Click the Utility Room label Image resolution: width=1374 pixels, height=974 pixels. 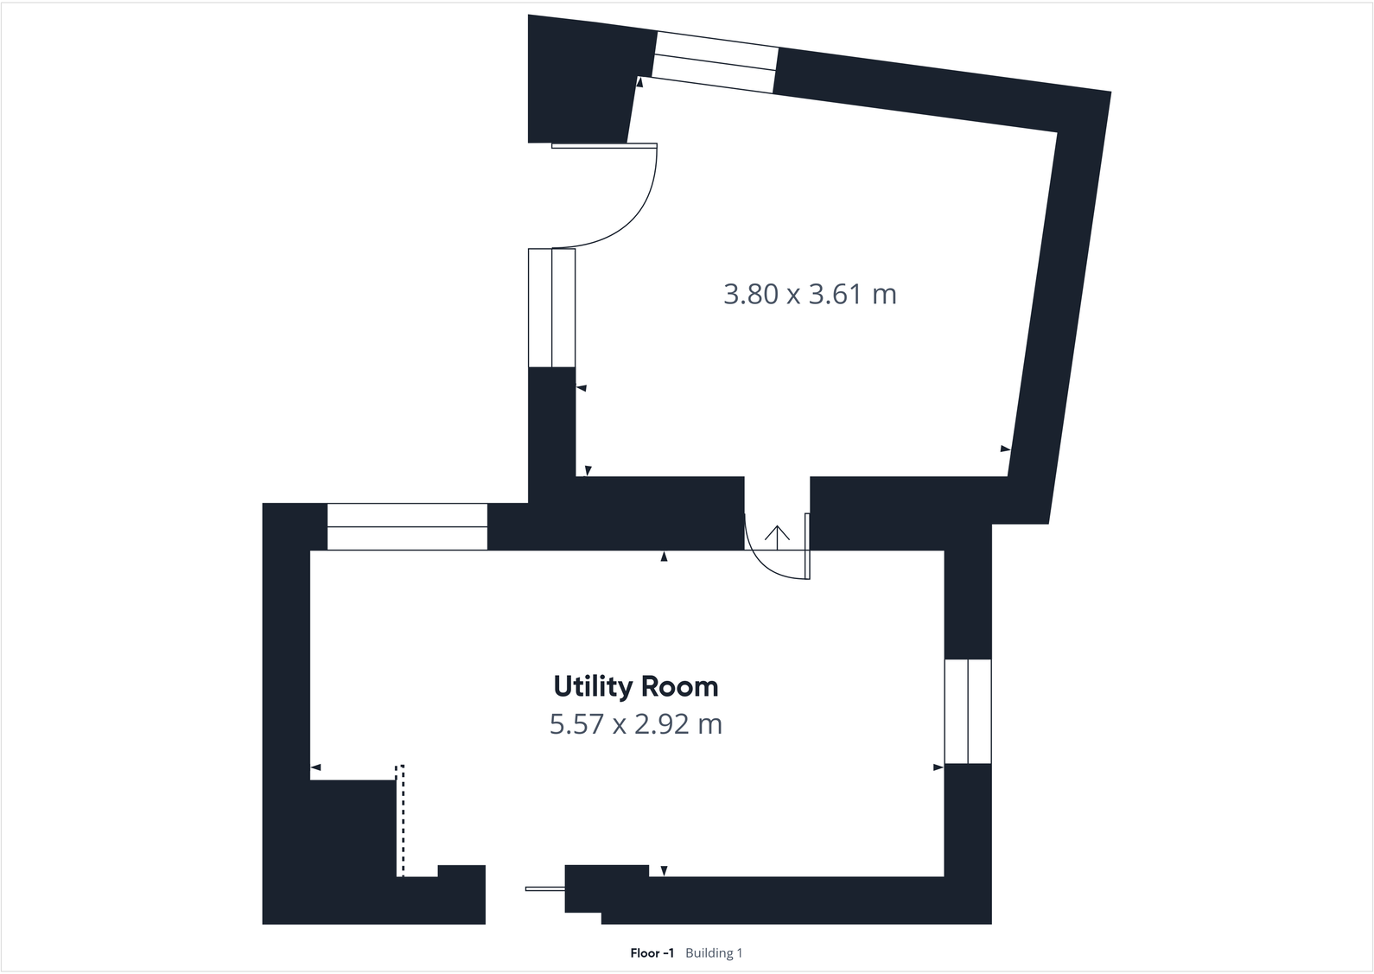pos(635,687)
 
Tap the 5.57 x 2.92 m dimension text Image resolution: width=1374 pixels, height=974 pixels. pos(635,723)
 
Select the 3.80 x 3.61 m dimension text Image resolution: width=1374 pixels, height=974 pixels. pos(810,295)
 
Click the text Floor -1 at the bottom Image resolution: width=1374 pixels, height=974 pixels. pos(652,953)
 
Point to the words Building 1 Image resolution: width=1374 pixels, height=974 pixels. pos(714,953)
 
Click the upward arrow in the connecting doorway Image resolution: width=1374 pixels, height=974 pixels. pos(778,537)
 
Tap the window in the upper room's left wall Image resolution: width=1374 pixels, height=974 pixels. pos(551,308)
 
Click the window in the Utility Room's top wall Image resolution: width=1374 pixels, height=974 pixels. pos(407,526)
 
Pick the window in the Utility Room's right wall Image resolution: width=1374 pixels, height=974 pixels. pos(968,711)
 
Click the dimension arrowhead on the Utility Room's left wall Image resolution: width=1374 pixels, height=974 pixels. pos(315,767)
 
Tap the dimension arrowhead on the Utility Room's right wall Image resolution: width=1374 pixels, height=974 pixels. pos(938,767)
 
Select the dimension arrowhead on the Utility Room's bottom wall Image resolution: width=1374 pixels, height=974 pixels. pos(664,871)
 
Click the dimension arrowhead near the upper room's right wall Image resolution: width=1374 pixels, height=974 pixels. pos(1005,449)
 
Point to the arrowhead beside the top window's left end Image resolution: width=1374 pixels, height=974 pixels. pos(639,83)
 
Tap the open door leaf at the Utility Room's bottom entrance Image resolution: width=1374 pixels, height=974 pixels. pos(544,888)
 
